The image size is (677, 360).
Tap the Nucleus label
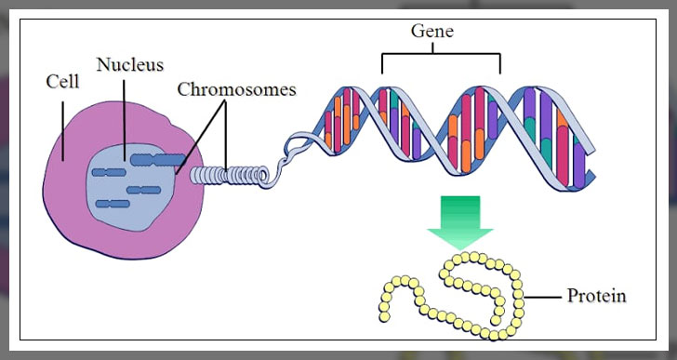129,64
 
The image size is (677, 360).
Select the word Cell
62,82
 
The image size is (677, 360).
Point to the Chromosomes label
236,89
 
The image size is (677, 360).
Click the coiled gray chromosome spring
229,173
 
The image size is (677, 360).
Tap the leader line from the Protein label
543,297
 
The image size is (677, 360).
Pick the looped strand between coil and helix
298,149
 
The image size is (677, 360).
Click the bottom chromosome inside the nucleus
113,203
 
